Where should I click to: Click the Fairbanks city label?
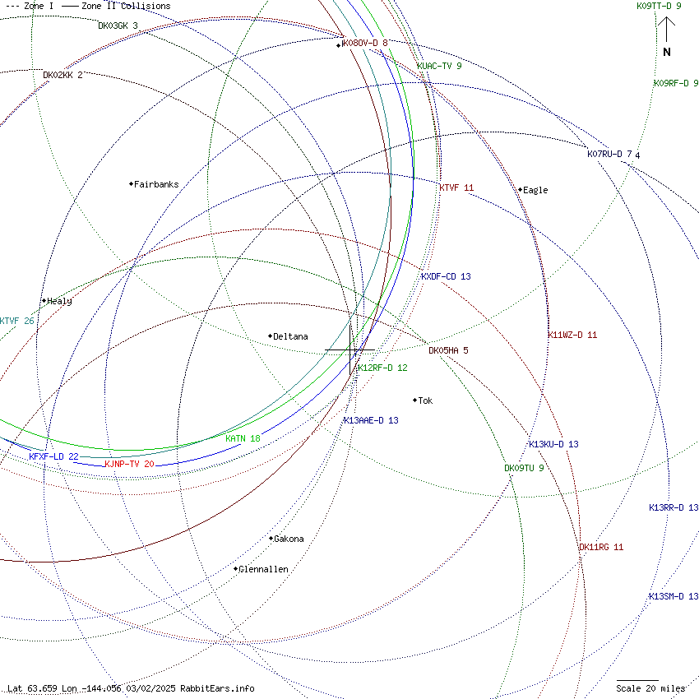coord(156,184)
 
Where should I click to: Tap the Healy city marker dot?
coord(44,301)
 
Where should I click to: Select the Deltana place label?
coord(290,336)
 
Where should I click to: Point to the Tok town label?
coord(425,400)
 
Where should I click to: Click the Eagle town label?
coord(535,190)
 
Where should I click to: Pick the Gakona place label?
coord(289,539)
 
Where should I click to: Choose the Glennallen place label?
coord(263,569)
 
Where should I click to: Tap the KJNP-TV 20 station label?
coord(129,464)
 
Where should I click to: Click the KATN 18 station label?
coord(243,438)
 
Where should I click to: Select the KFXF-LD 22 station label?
coord(53,456)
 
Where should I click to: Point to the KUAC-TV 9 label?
coord(439,66)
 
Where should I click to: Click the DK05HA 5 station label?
coord(448,350)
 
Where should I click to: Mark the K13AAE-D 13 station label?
coord(371,420)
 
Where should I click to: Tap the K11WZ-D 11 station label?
coord(572,335)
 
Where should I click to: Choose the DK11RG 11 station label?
coord(601,547)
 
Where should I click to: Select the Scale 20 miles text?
coord(650,688)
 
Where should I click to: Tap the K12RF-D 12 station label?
coord(382,368)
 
